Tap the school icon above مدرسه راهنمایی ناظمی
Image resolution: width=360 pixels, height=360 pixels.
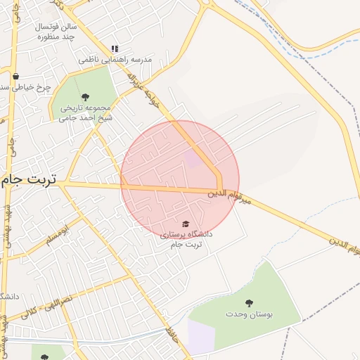tap(115, 49)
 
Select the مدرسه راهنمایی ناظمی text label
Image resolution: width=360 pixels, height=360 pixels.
tap(115, 60)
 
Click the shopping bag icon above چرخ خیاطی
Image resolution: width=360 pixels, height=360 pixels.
tap(15, 76)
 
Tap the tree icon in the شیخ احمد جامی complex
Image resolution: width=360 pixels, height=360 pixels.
tap(85, 97)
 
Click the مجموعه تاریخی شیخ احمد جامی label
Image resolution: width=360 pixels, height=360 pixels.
tap(86, 112)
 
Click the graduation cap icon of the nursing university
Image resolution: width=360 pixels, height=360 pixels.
tap(186, 224)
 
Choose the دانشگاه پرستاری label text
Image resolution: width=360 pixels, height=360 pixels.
tap(186, 238)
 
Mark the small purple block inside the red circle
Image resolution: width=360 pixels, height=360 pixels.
tap(192, 158)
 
